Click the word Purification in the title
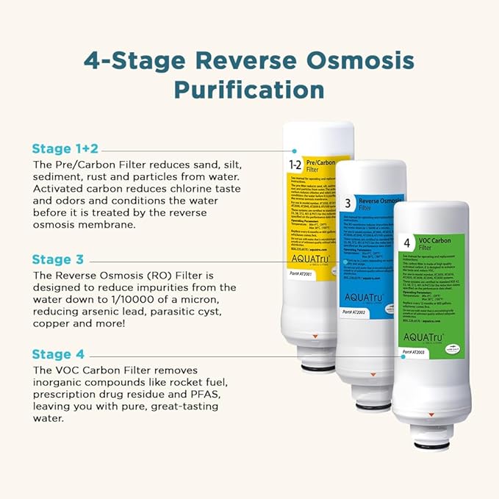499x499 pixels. [x=249, y=90]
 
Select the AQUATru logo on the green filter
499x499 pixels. [x=425, y=337]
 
